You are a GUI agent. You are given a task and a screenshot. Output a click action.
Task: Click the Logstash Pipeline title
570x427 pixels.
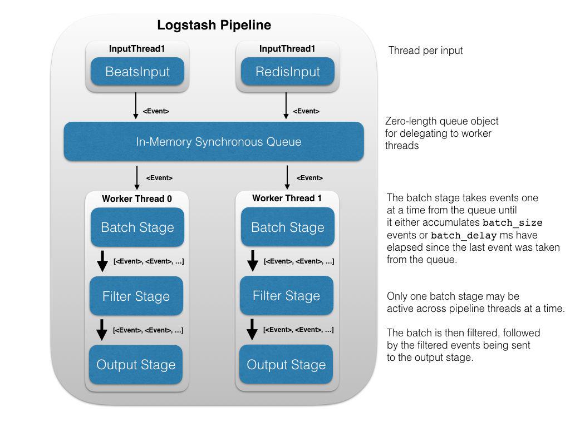click(x=214, y=25)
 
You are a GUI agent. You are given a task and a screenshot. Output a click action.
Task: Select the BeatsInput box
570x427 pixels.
click(x=137, y=72)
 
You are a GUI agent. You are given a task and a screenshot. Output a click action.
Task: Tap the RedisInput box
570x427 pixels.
click(x=287, y=72)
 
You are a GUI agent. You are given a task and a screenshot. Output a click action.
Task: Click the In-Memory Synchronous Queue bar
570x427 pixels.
click(x=214, y=142)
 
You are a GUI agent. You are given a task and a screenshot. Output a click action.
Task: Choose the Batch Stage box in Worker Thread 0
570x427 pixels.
click(x=137, y=227)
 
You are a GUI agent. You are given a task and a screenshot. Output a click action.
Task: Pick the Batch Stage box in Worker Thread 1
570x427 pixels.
click(x=287, y=227)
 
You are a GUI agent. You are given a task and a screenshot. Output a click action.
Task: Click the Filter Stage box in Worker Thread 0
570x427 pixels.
click(x=136, y=296)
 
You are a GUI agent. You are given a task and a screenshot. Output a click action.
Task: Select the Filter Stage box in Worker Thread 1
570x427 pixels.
click(x=286, y=296)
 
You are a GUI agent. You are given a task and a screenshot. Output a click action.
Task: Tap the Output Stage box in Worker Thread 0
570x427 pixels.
click(x=136, y=365)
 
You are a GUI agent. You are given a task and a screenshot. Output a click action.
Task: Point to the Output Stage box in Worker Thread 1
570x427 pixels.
click(x=286, y=365)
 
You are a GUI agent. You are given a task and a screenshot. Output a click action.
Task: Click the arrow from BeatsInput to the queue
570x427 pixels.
click(x=136, y=106)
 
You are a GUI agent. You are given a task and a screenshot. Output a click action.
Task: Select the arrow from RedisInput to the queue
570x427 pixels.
click(x=286, y=106)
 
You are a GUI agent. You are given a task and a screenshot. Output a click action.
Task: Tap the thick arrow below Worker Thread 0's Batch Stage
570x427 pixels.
click(x=102, y=261)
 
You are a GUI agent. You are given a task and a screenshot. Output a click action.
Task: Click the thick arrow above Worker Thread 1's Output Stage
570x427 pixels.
click(x=252, y=329)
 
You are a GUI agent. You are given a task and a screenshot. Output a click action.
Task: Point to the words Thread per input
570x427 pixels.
click(x=425, y=51)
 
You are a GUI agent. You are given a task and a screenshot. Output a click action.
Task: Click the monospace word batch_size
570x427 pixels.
click(x=513, y=223)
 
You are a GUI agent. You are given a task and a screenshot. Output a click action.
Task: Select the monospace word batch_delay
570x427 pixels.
click(x=463, y=235)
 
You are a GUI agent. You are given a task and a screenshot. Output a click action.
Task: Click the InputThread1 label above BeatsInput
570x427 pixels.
click(x=137, y=49)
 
